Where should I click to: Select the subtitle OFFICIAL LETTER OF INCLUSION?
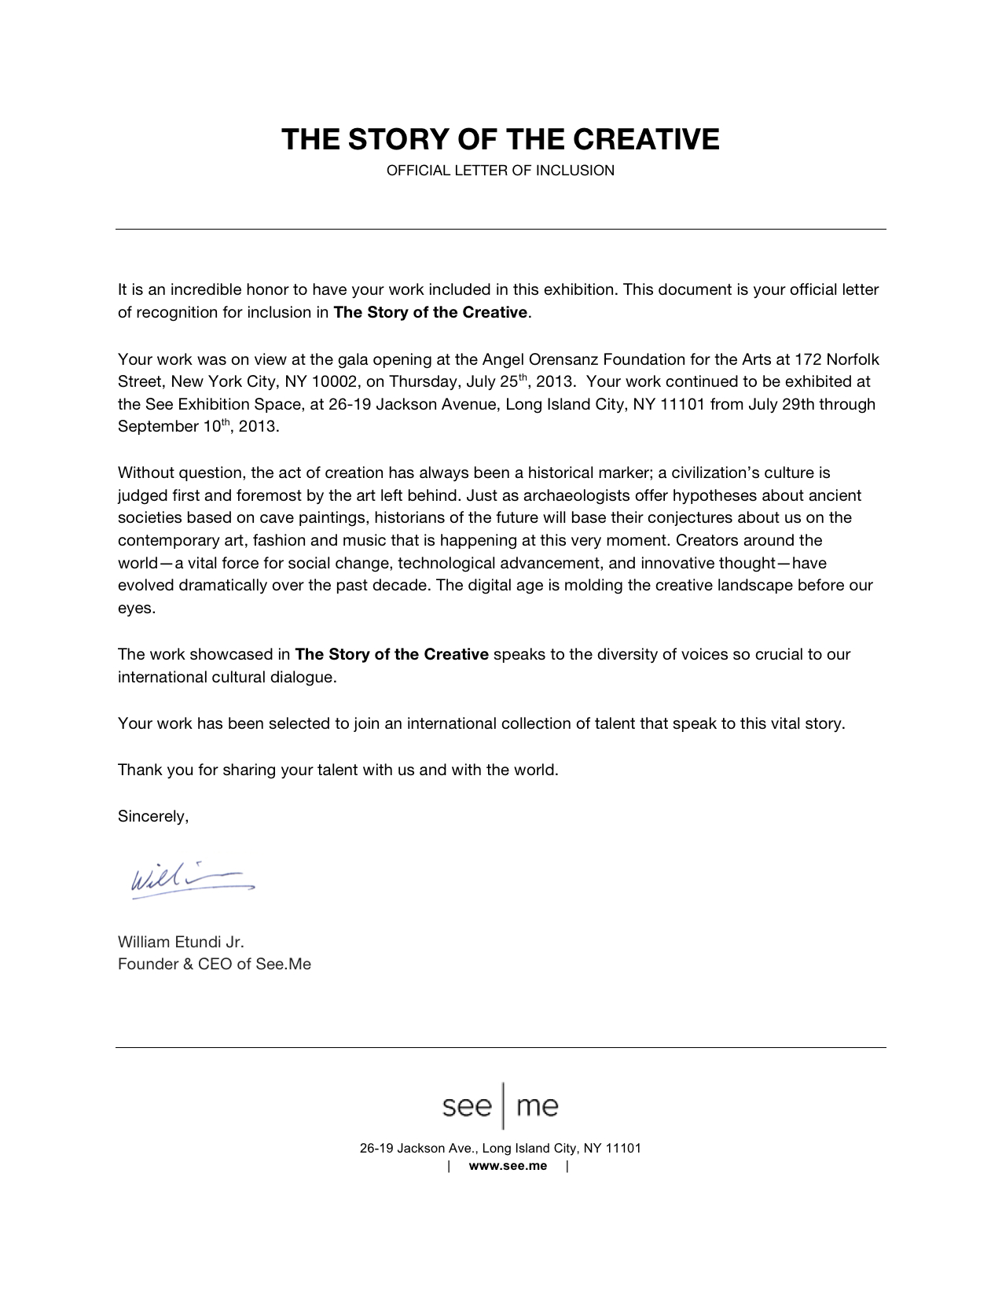(500, 171)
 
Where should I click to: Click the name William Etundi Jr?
(181, 941)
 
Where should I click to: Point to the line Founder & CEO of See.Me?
(215, 964)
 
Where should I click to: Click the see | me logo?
(501, 1106)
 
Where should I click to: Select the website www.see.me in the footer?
(508, 1165)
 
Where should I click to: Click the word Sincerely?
(153, 816)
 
